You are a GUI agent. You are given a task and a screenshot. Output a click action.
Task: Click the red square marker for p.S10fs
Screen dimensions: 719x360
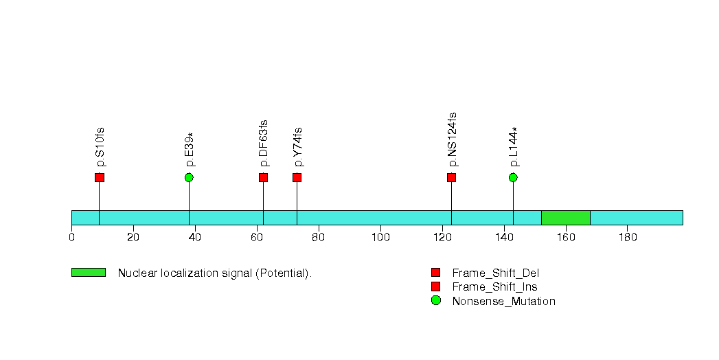100,177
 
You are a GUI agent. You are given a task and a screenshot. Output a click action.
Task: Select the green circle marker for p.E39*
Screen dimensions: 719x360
189,177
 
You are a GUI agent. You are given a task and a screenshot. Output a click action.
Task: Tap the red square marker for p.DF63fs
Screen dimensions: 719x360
263,177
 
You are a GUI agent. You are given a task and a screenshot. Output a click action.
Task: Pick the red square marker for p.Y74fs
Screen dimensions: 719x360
297,177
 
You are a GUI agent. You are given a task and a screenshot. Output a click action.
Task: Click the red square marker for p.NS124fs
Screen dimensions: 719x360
452,177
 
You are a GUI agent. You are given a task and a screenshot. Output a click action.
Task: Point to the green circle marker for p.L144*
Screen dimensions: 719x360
513,177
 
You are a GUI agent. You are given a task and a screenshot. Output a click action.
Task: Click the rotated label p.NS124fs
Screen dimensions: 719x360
452,139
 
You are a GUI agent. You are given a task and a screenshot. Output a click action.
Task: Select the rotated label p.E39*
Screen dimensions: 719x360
190,150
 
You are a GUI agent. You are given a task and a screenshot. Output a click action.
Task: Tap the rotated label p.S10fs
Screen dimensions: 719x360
100,147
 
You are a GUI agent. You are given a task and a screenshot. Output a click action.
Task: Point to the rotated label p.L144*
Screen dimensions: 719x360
514,147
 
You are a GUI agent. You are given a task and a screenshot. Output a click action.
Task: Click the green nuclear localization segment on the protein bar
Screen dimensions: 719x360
566,218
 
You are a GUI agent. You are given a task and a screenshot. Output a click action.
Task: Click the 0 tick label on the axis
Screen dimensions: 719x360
71,237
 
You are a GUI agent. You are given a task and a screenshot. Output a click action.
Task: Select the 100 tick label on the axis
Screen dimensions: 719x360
380,237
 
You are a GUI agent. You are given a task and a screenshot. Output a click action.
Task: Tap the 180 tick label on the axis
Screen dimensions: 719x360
628,237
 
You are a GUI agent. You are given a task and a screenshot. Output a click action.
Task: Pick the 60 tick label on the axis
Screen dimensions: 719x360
257,237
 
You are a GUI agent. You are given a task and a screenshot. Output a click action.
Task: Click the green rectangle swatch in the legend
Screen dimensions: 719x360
89,273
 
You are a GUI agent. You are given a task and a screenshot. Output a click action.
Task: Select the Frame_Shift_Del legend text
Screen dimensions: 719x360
496,273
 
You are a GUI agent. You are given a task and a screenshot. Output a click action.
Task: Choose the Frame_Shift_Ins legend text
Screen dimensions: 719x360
494,287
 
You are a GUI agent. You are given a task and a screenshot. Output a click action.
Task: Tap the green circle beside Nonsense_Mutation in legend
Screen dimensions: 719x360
435,300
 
